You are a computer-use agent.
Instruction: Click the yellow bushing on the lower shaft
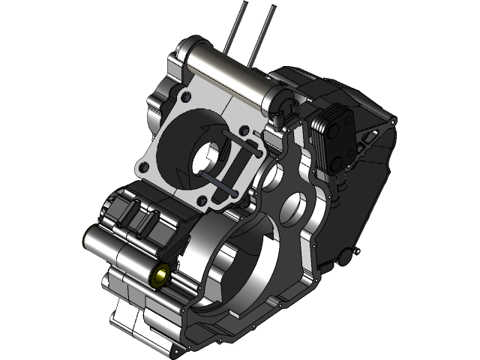pyautogui.click(x=160, y=277)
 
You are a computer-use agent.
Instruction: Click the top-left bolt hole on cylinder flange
pyautogui.click(x=184, y=97)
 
